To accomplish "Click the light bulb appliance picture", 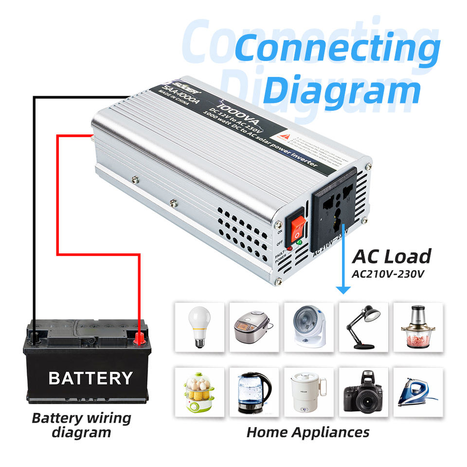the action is [199, 326].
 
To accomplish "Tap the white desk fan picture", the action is [309, 326].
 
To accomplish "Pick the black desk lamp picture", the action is [363, 326].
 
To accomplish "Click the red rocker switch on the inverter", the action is [297, 227].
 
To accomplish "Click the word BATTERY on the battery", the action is [90, 378].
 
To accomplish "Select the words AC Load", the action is [392, 256].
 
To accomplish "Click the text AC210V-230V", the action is [388, 273].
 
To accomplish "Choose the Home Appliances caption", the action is [307, 432].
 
